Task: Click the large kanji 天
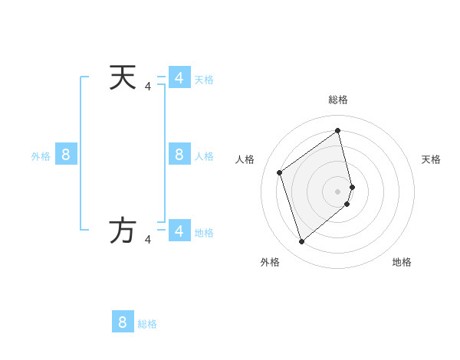point(123,77)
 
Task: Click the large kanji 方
point(123,231)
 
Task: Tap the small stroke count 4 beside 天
point(148,87)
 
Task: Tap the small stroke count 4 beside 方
point(148,240)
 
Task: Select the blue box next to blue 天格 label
point(179,77)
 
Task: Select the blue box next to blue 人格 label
point(179,154)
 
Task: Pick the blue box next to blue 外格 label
point(66,154)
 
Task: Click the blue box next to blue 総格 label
point(123,322)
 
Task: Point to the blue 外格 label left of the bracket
point(41,156)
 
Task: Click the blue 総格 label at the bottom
point(147,324)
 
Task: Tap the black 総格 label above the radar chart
point(338,100)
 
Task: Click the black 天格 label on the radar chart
point(431,159)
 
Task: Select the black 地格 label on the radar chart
point(402,262)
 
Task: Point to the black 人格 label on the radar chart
point(245,159)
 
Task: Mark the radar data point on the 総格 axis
point(338,130)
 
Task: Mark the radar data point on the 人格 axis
point(280,172)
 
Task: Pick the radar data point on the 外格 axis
point(302,242)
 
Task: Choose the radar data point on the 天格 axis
point(352,187)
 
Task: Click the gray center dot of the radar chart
point(338,191)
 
